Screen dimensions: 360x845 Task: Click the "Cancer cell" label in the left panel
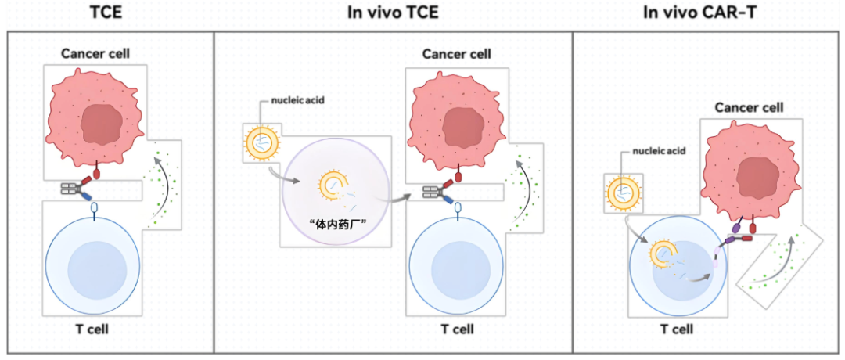coord(95,54)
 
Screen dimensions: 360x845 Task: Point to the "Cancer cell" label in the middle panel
coord(457,54)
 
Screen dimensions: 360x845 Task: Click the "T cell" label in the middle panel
coord(457,329)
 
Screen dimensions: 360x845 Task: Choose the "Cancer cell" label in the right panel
coord(750,107)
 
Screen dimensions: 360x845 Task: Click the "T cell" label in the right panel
coord(677,329)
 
